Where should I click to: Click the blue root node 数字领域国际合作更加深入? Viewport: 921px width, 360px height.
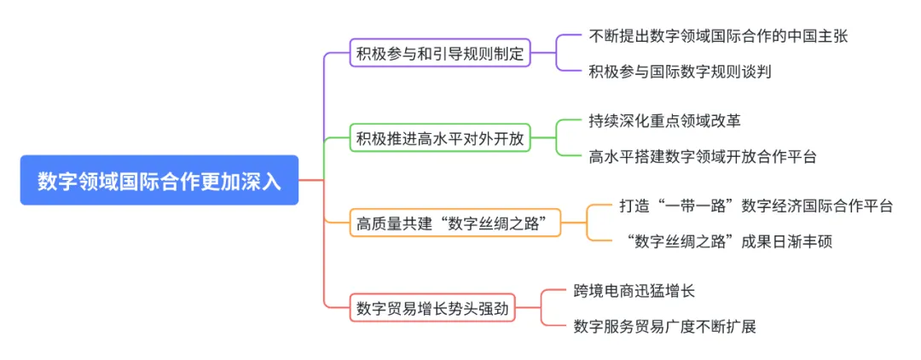159,181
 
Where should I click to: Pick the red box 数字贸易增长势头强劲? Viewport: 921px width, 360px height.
433,308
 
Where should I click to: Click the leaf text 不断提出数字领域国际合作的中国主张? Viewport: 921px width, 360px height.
718,37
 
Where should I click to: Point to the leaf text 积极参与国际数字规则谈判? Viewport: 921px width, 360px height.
680,72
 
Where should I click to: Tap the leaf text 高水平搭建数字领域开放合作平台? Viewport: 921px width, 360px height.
703,156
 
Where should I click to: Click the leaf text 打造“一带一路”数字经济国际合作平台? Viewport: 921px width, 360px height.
756,206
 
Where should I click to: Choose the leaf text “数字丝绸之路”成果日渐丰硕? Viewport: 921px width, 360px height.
727,241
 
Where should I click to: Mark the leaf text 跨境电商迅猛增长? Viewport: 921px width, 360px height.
634,291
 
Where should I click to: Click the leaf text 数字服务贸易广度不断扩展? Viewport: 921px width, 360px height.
665,326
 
